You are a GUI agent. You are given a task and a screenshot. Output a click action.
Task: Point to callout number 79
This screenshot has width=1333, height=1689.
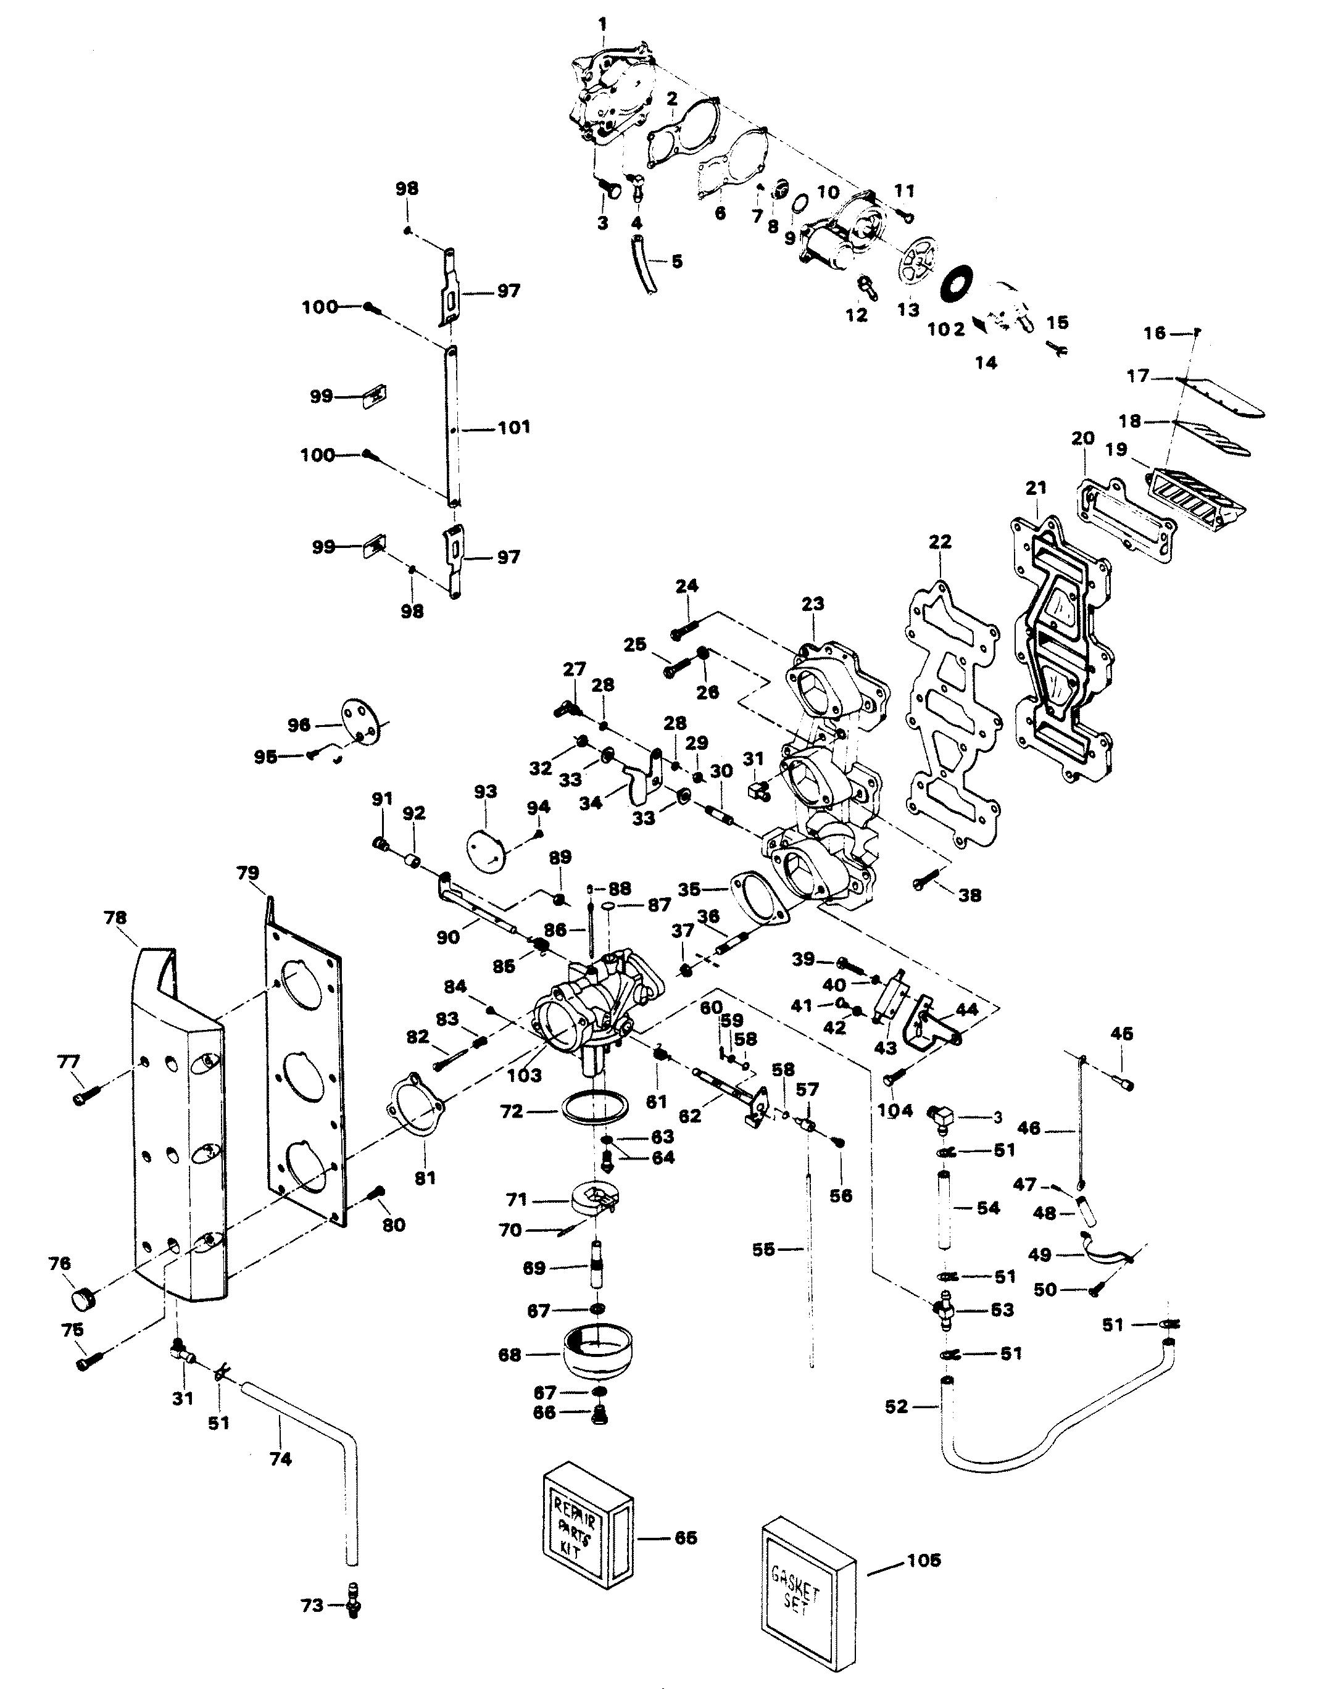[248, 873]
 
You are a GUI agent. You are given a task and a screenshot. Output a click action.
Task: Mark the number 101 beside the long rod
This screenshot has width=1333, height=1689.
[513, 427]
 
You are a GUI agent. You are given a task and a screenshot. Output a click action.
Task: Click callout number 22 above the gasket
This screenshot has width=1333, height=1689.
[941, 541]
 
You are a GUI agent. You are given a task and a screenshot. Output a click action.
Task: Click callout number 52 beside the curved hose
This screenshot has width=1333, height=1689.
[897, 1406]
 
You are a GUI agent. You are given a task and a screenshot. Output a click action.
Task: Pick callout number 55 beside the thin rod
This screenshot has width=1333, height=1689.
[763, 1250]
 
